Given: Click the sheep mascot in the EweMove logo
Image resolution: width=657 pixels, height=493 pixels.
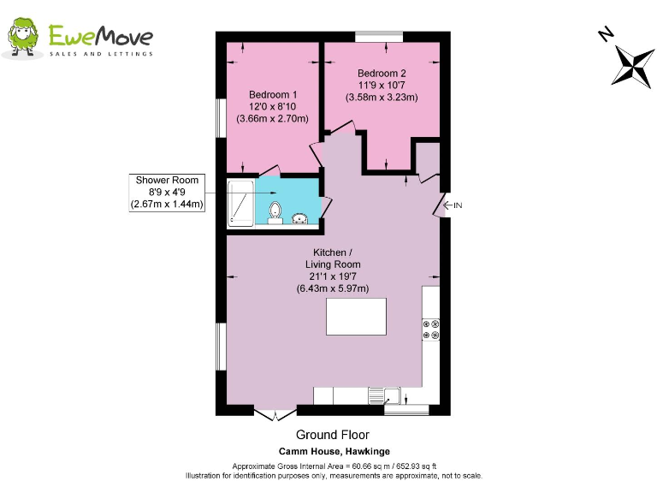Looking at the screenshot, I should click(x=23, y=38).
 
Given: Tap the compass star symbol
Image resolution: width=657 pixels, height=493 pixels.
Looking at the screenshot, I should click(x=633, y=66).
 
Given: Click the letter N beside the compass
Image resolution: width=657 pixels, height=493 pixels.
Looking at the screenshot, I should click(x=606, y=34).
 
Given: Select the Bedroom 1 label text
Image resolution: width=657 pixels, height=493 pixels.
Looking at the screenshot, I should click(x=272, y=94).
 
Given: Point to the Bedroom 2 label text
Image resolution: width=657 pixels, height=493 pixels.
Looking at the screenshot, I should click(x=382, y=73).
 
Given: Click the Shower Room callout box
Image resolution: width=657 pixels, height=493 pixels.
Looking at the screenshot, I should click(x=167, y=193).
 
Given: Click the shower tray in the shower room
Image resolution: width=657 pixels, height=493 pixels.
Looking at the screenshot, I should click(x=241, y=204).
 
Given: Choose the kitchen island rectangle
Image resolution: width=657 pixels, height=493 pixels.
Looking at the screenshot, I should click(x=355, y=318).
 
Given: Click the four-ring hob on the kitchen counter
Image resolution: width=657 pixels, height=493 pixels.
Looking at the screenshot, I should click(x=430, y=330).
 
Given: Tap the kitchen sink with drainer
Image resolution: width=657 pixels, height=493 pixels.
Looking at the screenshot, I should click(x=386, y=395).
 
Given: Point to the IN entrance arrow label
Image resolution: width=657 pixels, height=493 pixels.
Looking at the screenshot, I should click(x=453, y=205).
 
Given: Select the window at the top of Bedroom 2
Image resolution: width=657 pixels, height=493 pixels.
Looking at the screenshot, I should click(x=380, y=36).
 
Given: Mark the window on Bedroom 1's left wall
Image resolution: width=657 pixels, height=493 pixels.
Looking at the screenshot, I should click(x=220, y=116).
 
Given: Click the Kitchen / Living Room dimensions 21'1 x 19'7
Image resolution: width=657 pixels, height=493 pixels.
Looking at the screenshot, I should click(x=333, y=276).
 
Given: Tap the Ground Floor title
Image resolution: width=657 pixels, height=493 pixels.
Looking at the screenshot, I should click(x=333, y=436).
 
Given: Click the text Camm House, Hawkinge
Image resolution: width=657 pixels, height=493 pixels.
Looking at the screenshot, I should click(x=333, y=451).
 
